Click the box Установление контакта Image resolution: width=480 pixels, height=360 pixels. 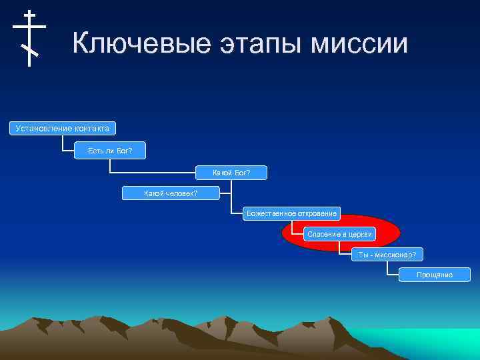(x=62, y=127)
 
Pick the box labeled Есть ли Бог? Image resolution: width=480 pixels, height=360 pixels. (x=110, y=151)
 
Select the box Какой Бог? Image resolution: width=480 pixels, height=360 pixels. (x=231, y=173)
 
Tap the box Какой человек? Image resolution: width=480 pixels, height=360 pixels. (x=171, y=193)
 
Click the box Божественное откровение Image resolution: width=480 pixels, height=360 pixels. (x=291, y=214)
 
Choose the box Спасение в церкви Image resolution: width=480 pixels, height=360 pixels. (x=339, y=234)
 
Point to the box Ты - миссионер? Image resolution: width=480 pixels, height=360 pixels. (x=387, y=255)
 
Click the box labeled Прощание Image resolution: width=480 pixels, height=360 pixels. (x=434, y=275)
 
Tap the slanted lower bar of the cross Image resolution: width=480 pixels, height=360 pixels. (x=30, y=49)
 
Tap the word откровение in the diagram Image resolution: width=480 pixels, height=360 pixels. (x=315, y=214)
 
